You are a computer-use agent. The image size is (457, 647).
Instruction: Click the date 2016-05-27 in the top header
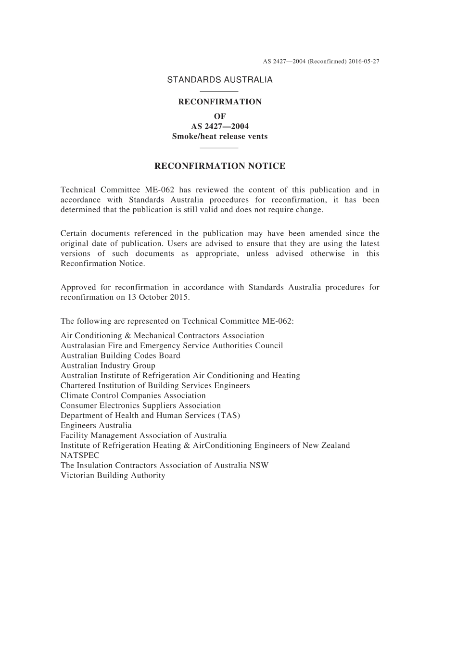click(x=364, y=62)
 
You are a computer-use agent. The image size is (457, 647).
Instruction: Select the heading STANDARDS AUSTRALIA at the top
click(x=219, y=80)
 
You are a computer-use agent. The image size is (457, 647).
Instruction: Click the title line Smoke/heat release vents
click(x=219, y=136)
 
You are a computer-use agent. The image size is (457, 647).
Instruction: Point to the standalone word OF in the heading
click(x=219, y=116)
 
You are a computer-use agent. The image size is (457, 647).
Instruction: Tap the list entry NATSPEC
click(x=80, y=455)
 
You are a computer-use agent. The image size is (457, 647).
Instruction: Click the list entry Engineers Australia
click(x=96, y=425)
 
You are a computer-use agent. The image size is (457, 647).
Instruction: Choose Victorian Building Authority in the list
click(x=113, y=475)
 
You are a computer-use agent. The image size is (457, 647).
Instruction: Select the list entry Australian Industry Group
click(x=108, y=365)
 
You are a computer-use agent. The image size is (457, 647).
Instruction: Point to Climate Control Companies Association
click(x=133, y=395)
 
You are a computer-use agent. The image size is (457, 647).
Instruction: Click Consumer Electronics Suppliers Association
click(x=140, y=405)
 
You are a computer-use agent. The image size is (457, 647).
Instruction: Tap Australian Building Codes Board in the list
click(x=120, y=355)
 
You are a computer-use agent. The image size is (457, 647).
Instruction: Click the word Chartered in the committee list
click(x=78, y=385)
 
